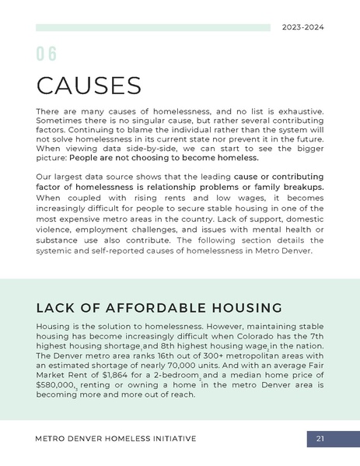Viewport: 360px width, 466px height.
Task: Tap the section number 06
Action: coord(47,54)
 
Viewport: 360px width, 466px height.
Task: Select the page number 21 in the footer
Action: coord(320,440)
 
